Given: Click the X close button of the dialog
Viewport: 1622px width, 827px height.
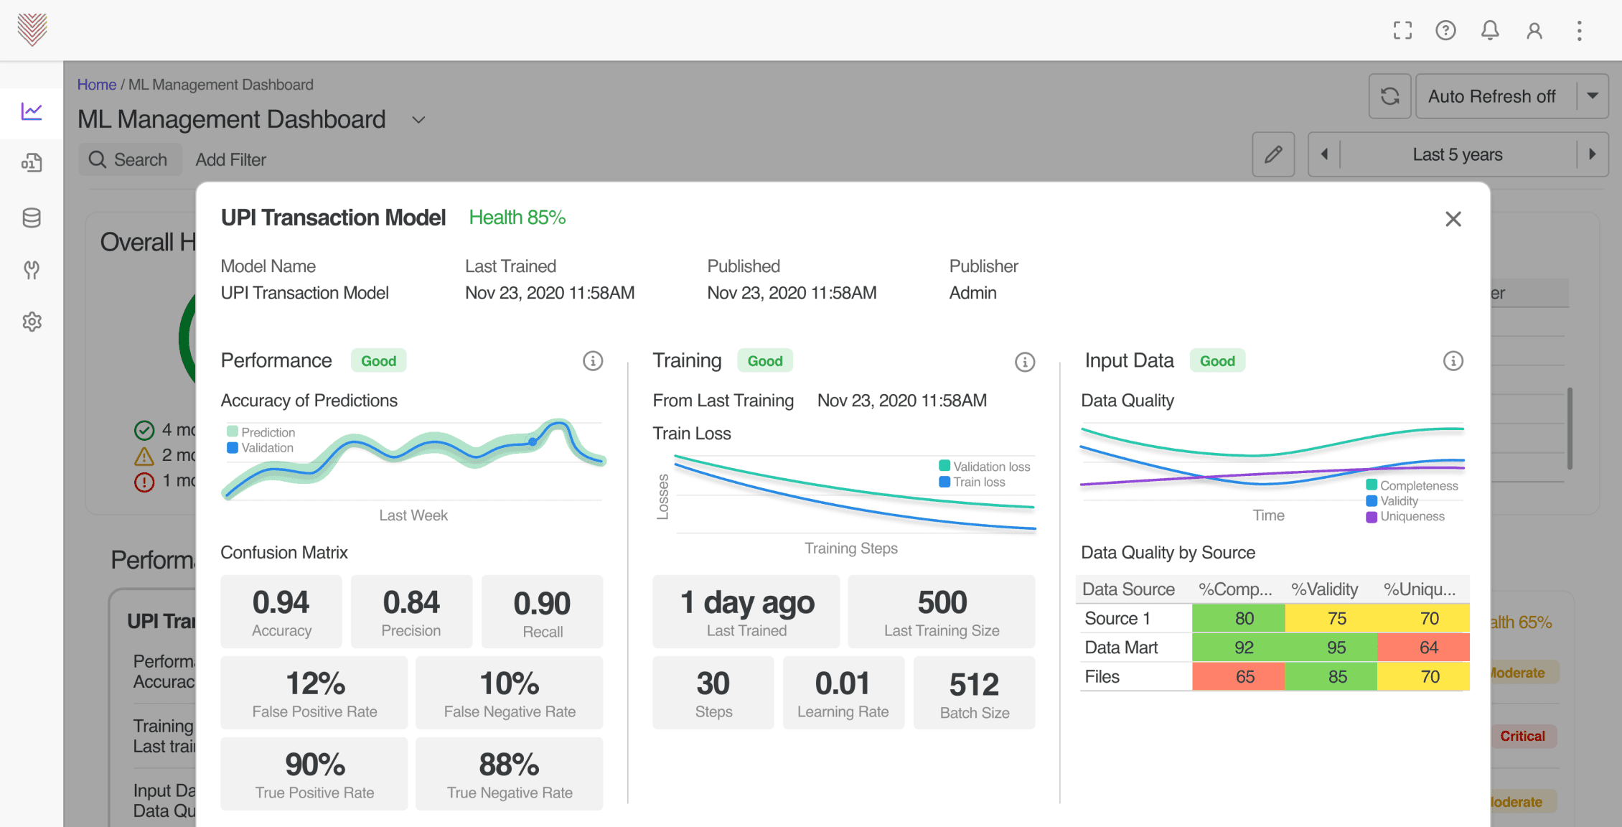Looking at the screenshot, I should tap(1453, 219).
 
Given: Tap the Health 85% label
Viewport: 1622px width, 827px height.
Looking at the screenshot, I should tap(517, 218).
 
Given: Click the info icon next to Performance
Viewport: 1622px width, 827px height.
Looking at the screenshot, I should tap(592, 360).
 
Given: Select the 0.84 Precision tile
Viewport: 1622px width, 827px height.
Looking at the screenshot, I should tap(411, 612).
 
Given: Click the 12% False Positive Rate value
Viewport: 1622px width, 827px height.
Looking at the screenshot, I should tap(315, 683).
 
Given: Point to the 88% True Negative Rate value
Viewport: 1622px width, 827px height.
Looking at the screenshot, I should tap(509, 765).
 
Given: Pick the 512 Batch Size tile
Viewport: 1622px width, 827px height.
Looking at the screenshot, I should tap(974, 693).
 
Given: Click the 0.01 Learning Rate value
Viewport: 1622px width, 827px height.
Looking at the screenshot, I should tap(843, 683).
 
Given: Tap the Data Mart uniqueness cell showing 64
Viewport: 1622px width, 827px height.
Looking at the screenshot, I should tap(1428, 648).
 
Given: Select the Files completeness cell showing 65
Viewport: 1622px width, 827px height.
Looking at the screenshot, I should tap(1244, 677).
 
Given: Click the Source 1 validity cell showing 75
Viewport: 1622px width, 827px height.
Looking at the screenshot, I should tap(1336, 618).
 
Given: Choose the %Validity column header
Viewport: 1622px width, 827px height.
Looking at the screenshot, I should tap(1324, 589).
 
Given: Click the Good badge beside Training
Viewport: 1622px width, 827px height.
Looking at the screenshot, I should tap(764, 361).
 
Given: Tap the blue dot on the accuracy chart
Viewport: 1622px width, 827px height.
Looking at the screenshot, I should tap(533, 441).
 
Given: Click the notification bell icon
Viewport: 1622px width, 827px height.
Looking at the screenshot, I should tap(1490, 30).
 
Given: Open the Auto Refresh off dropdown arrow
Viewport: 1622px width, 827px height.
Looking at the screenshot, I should tap(1593, 96).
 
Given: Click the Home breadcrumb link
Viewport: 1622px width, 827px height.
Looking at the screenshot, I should tap(97, 85).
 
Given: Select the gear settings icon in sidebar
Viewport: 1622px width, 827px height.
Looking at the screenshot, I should tap(32, 322).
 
